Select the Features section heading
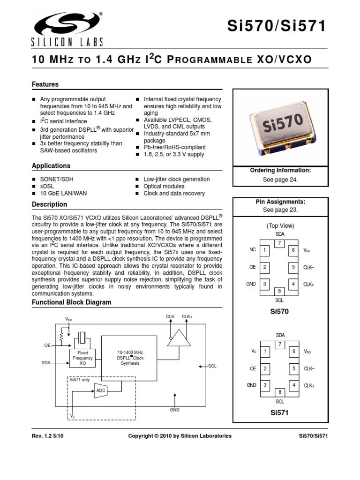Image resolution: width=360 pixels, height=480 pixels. coord(45,84)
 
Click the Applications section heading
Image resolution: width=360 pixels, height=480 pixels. coord(51,166)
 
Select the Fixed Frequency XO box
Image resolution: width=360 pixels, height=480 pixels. coord(82,358)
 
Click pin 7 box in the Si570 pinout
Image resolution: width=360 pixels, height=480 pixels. coord(280,243)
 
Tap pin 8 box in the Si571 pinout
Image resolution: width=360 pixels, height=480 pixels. coord(280,392)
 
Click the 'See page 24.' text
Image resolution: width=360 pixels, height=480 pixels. coord(280,180)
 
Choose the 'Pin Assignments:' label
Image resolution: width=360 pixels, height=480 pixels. coord(280,202)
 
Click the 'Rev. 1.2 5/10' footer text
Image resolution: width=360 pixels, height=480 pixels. coord(48,436)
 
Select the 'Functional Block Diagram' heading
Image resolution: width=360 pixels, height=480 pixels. coord(71,302)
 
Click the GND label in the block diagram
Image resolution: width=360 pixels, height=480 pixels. coord(175,409)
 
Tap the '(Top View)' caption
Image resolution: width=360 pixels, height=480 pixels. coord(280,225)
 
